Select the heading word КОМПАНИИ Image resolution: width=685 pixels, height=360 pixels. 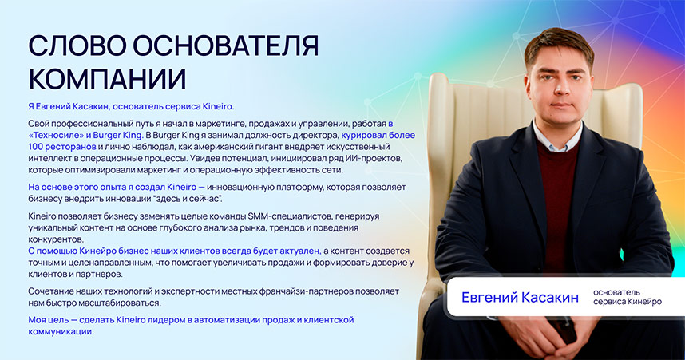(x=107, y=79)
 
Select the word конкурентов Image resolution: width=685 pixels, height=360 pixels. (x=55, y=239)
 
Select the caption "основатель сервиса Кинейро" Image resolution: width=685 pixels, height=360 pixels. (x=627, y=297)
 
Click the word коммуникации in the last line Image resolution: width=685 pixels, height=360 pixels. (x=61, y=331)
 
